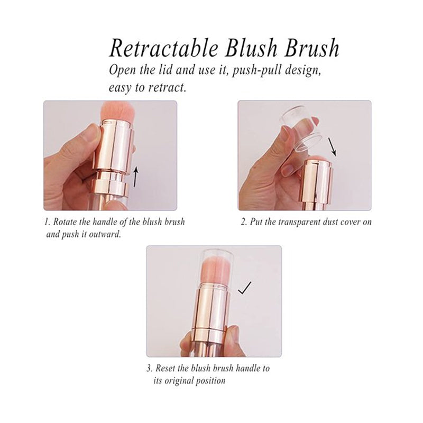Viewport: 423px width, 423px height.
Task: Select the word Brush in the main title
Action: (x=312, y=48)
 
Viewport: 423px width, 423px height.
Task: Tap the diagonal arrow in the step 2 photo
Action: (x=332, y=147)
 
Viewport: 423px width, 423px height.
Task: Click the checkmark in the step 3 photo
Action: (x=245, y=288)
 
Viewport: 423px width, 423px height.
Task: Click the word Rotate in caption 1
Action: (x=63, y=222)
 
